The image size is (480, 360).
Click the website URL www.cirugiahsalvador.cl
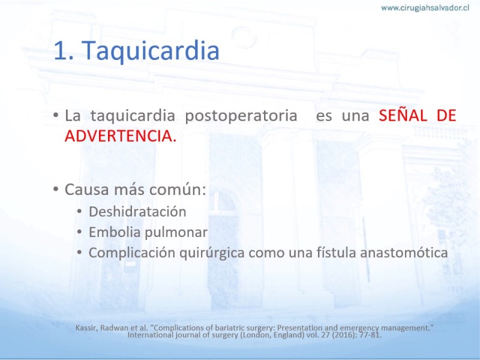pyautogui.click(x=425, y=8)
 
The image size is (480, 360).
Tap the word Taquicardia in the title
pyautogui.click(x=151, y=50)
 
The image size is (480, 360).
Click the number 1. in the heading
pyautogui.click(x=64, y=50)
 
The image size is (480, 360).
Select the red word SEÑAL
pyautogui.click(x=403, y=116)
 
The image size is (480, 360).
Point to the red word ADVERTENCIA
pyautogui.click(x=121, y=136)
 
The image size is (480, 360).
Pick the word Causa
pyautogui.click(x=86, y=190)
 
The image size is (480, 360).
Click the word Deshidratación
pyautogui.click(x=137, y=212)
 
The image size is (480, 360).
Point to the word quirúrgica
pyautogui.click(x=212, y=253)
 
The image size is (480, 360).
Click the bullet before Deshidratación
pyautogui.click(x=79, y=211)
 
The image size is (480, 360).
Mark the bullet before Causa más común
pyautogui.click(x=55, y=188)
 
